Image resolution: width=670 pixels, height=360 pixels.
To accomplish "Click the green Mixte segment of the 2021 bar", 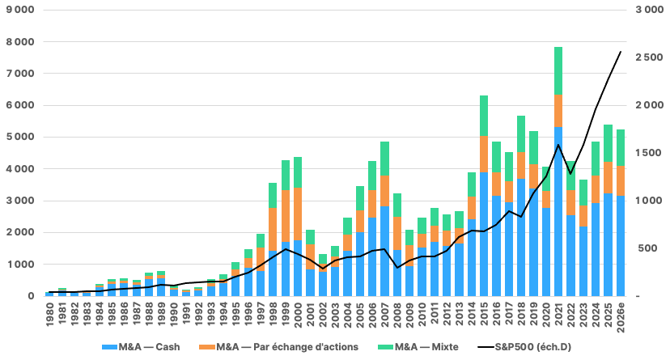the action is [x=558, y=71].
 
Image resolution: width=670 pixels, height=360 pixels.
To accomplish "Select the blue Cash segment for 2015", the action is [x=484, y=234].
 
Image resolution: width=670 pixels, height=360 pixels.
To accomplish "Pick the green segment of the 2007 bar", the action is [x=384, y=159].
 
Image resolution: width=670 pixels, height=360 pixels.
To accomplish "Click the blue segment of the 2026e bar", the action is [x=621, y=246].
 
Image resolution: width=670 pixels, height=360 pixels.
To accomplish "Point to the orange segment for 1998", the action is [x=273, y=229].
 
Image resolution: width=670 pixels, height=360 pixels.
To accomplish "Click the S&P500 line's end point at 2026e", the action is [x=621, y=52].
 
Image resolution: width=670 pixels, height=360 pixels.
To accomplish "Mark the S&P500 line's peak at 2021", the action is [x=558, y=145].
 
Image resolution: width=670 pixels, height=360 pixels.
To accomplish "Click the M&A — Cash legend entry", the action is [x=141, y=347].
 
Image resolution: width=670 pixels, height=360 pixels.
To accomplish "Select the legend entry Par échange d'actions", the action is [x=278, y=347].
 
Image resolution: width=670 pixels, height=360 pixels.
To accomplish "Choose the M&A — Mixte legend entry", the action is [x=418, y=347].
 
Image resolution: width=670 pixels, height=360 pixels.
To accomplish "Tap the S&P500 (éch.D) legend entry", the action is [x=524, y=347].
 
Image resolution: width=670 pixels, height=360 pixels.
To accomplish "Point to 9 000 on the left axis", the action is [x=20, y=10].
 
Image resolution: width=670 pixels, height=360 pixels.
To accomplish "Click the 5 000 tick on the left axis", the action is [x=20, y=137].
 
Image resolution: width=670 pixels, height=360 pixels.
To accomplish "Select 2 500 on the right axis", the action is [x=650, y=57].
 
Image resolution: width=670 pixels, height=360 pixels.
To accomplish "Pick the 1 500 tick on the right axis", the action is [x=650, y=153].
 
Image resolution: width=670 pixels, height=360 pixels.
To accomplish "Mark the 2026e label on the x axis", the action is [x=621, y=317].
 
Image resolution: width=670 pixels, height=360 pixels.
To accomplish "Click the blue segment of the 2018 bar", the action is [x=521, y=237].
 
